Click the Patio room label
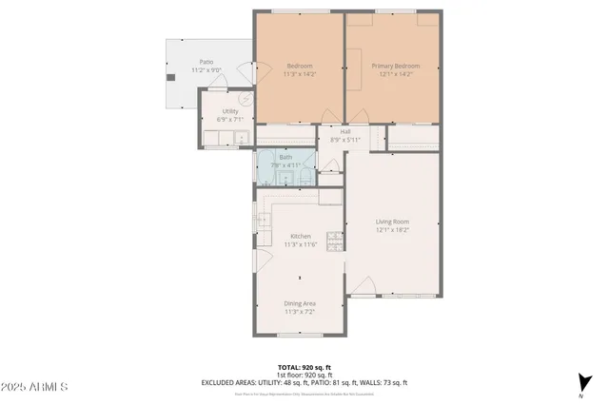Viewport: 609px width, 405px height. click(206, 61)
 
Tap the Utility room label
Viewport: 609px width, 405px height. click(230, 111)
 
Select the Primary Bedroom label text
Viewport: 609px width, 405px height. click(395, 66)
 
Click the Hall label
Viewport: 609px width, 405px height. click(346, 132)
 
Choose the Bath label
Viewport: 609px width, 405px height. click(285, 158)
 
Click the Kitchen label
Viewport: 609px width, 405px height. click(300, 236)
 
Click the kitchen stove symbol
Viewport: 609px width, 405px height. click(334, 239)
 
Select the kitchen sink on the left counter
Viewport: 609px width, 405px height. click(264, 221)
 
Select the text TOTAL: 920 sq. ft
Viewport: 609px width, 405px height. click(304, 366)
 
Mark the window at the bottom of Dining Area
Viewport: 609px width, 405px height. click(300, 336)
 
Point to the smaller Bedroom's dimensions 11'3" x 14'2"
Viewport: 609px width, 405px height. click(300, 73)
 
